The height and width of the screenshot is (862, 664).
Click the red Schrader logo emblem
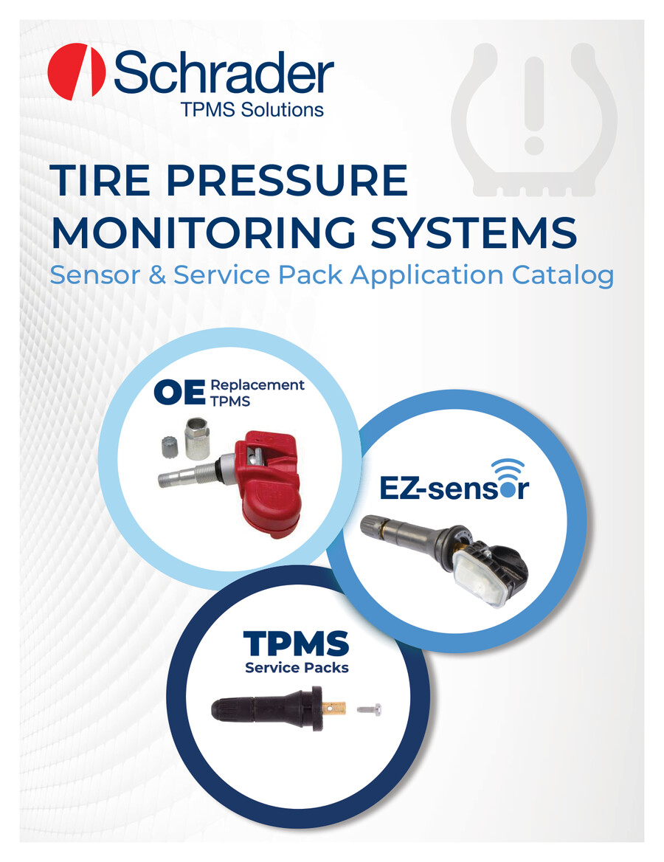point(77,72)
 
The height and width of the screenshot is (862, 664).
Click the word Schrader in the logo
point(224,72)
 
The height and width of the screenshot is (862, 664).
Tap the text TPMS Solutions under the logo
point(252,109)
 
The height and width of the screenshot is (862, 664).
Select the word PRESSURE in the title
point(287,180)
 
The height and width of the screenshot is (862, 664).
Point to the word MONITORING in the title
point(204,232)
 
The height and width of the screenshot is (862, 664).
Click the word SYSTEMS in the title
point(474,232)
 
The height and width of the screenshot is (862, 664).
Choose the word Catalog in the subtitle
point(563,275)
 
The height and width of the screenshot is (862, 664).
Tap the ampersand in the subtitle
point(157,275)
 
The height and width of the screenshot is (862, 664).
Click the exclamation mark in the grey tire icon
point(533,106)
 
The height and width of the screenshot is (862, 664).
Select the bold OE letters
point(179,392)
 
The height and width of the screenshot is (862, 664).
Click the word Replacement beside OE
point(257,385)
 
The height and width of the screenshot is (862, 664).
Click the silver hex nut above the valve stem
point(197,438)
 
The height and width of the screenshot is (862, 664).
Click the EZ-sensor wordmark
point(454,488)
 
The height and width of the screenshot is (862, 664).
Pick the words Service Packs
point(297,667)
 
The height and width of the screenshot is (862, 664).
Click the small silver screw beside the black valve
point(370,710)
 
